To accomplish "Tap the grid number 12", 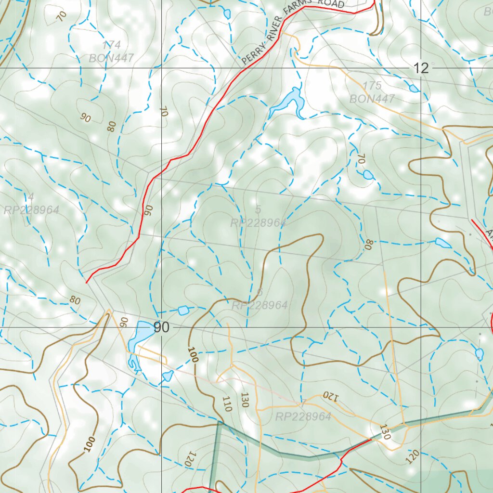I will (421, 68).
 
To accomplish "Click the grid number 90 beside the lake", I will (161, 327).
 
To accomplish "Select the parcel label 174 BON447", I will (111, 52).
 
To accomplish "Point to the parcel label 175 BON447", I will (372, 92).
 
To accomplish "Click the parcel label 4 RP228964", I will (31, 204).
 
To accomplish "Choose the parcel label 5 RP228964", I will (258, 217).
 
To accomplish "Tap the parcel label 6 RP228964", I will (259, 299).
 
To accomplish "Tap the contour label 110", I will (227, 403).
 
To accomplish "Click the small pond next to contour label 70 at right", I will (368, 174).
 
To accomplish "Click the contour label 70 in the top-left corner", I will (61, 15).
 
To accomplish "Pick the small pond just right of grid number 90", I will (183, 311).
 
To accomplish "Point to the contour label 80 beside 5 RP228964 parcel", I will (369, 245).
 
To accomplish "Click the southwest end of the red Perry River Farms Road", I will (87, 282).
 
